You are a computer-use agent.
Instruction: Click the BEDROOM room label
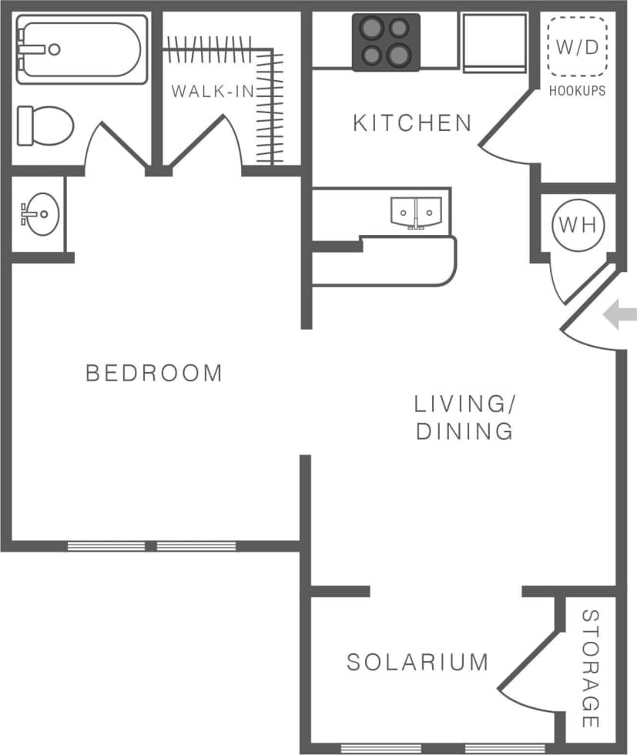pos(153,374)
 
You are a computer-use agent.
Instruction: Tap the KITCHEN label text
pos(412,123)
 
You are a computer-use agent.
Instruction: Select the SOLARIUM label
pos(417,662)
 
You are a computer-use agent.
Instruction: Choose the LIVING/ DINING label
pos(464,417)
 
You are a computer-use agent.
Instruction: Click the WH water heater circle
pos(578,225)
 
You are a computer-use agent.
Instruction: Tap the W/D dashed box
pos(576,47)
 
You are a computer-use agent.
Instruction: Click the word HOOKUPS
pos(577,91)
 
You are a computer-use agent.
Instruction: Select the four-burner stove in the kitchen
pos(386,42)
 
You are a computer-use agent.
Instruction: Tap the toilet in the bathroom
pos(45,125)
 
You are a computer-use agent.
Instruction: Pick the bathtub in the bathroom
pos(80,49)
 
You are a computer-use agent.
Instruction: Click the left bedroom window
pos(106,546)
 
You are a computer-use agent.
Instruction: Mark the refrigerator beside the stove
pos(494,42)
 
